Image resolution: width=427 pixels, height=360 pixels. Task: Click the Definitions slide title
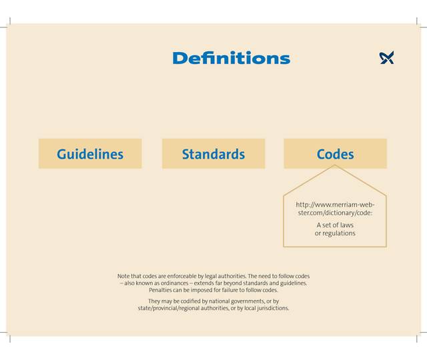coord(231,58)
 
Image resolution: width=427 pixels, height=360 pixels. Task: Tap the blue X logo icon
coord(387,58)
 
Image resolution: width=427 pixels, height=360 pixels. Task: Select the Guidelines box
coord(90,154)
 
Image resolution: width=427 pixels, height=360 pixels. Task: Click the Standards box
coord(213,154)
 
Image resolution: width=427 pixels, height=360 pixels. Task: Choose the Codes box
coord(335,154)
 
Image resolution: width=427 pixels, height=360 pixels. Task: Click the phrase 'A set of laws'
coord(335,225)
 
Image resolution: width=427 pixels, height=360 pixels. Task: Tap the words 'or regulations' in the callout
coord(335,233)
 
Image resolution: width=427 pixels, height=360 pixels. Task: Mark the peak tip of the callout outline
coord(335,165)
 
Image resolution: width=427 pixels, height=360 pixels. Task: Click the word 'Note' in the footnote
coord(123,276)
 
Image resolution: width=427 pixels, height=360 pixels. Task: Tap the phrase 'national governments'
coord(234,301)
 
